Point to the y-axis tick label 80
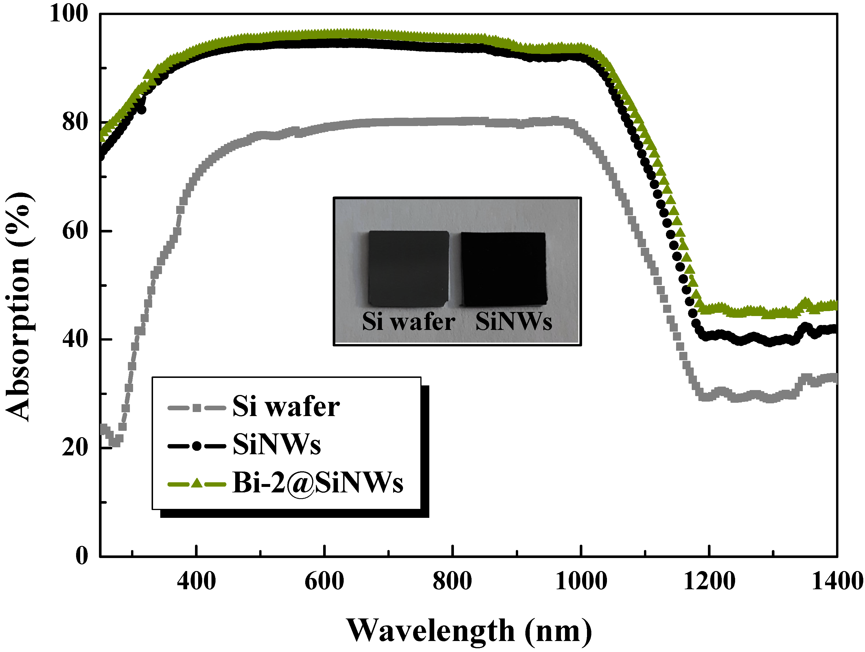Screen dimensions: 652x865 (x=75, y=122)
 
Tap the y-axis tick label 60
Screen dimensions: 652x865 (x=75, y=231)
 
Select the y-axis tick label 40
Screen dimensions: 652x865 (x=75, y=339)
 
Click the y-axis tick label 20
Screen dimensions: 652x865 (x=75, y=447)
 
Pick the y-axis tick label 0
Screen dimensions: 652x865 (x=82, y=555)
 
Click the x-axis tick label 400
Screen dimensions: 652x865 (x=196, y=581)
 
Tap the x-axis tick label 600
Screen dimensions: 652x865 (x=324, y=581)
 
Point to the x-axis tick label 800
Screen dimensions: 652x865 (x=452, y=581)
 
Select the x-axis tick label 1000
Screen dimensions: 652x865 (x=581, y=581)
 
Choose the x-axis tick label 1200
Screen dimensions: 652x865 (x=709, y=581)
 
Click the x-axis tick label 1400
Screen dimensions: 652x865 (x=837, y=581)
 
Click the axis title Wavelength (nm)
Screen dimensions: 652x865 (x=469, y=631)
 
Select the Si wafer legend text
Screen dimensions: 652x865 (x=286, y=407)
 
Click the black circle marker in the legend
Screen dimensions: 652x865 (x=197, y=446)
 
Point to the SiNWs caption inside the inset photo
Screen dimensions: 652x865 (x=514, y=322)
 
